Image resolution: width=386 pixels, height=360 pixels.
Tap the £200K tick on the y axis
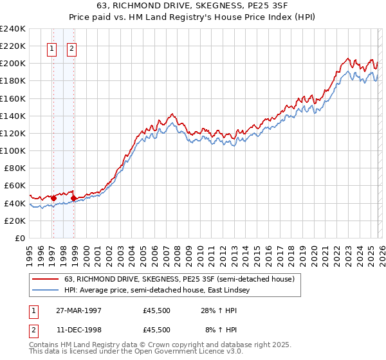click(13, 64)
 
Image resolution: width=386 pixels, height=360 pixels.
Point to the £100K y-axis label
click(13, 150)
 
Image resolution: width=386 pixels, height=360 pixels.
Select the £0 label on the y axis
click(19, 238)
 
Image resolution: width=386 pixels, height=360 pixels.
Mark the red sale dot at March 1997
click(54, 198)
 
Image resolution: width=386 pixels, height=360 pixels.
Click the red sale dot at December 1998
click(74, 198)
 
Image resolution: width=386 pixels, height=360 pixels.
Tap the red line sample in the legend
click(46, 279)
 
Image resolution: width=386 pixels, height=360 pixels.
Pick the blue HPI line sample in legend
click(46, 291)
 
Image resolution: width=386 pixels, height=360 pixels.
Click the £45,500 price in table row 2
click(157, 329)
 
